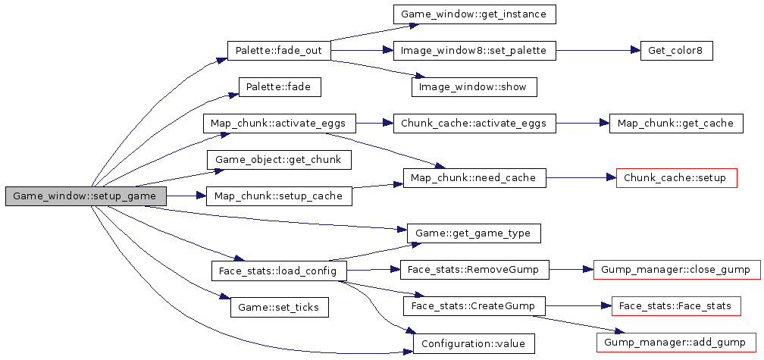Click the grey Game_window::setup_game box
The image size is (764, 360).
[x=85, y=196]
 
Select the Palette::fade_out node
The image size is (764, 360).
[x=279, y=51]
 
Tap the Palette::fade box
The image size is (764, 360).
[x=279, y=87]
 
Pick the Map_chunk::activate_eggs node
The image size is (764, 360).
[x=279, y=124]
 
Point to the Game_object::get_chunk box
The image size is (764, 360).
[x=279, y=160]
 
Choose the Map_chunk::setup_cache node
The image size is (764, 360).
[x=279, y=196]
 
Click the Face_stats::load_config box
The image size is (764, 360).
[x=279, y=270]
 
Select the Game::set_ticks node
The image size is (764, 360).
[x=279, y=307]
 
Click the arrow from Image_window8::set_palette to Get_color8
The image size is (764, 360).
[x=599, y=51]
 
